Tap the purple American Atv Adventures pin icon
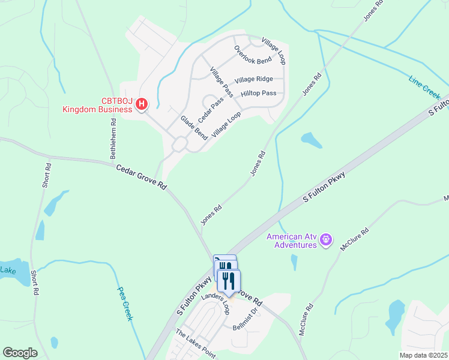click(326, 240)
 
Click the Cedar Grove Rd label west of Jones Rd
click(141, 178)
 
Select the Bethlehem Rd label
click(113, 139)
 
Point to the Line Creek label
click(424, 88)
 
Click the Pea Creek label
click(124, 303)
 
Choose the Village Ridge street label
click(253, 79)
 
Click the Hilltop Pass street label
click(258, 94)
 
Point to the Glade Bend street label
click(190, 128)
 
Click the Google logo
click(20, 353)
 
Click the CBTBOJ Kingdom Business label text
click(97, 104)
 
